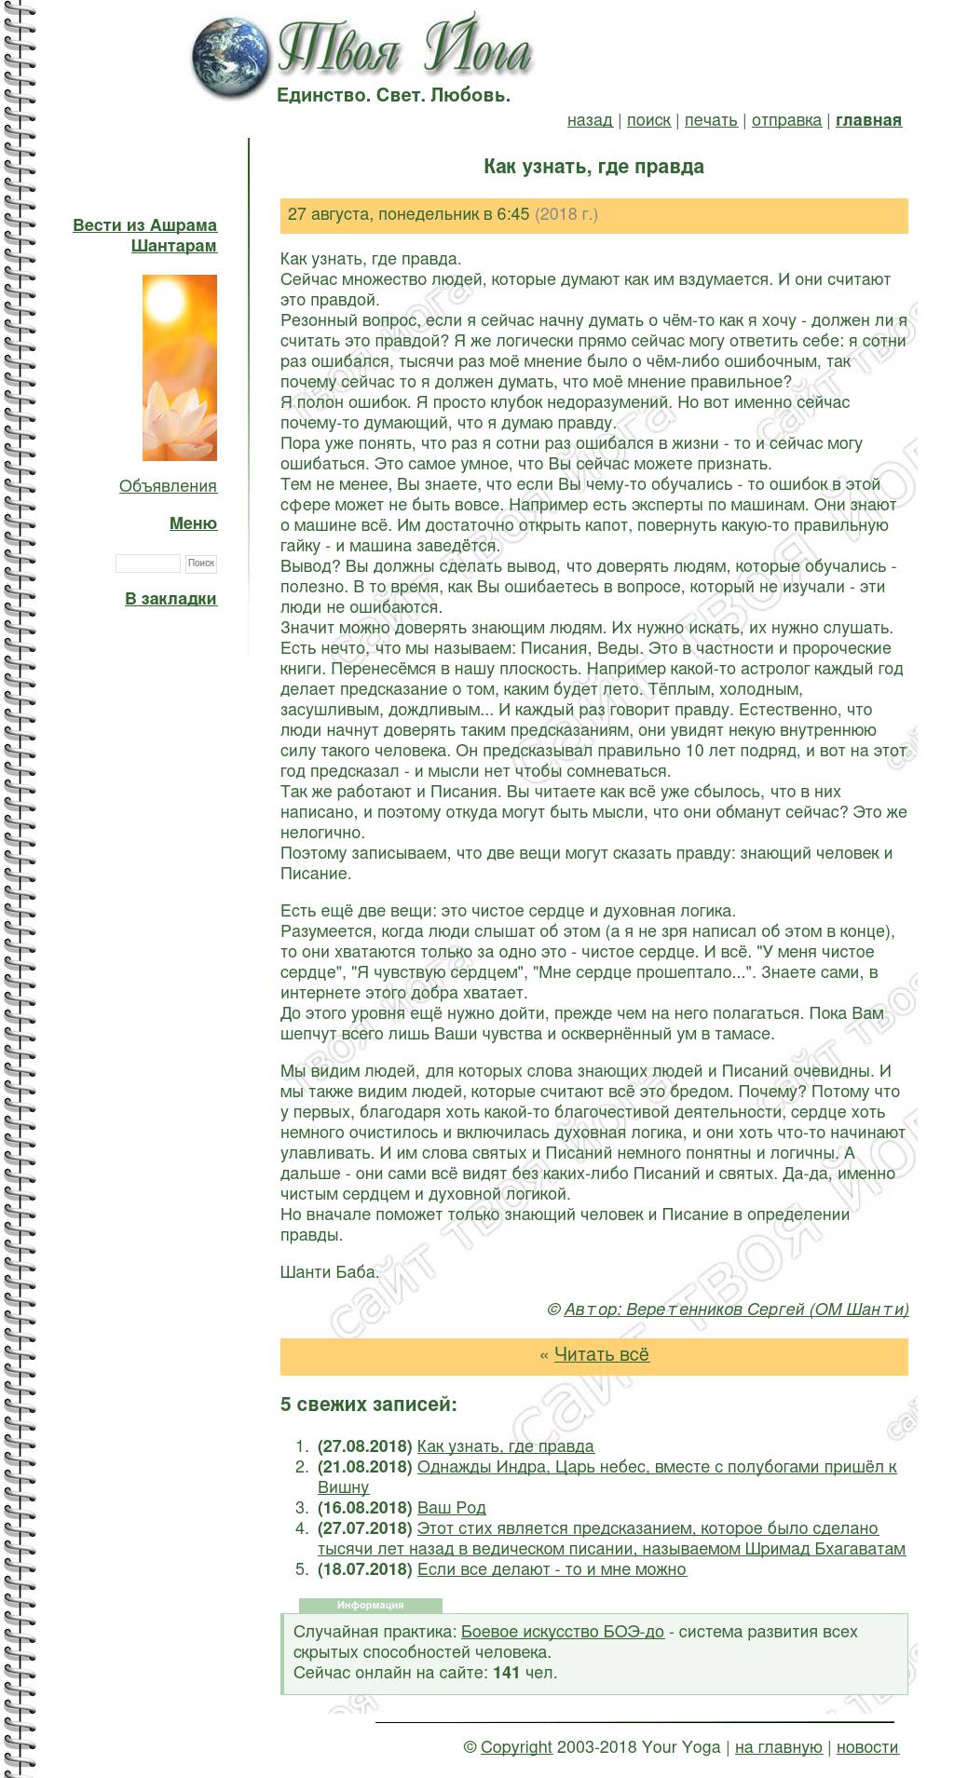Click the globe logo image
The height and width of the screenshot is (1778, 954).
click(x=230, y=58)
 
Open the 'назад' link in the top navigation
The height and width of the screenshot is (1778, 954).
click(x=590, y=120)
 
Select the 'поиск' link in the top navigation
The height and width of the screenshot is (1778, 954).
click(x=648, y=120)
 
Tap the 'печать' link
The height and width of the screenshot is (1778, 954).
click(x=711, y=120)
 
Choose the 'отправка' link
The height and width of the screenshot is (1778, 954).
click(x=786, y=120)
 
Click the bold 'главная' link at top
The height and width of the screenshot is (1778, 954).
click(x=868, y=120)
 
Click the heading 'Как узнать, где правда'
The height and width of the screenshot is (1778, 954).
click(x=593, y=167)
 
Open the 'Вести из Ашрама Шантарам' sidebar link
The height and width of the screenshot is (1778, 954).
click(x=145, y=235)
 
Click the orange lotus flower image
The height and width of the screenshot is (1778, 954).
click(x=180, y=367)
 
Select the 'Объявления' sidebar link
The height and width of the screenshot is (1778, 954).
click(x=168, y=486)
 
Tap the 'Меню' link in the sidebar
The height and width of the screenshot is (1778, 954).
click(x=193, y=523)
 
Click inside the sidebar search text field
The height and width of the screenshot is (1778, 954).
click(x=147, y=563)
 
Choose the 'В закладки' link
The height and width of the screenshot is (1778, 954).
click(x=170, y=599)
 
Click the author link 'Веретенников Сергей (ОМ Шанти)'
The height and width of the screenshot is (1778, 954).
click(x=736, y=1310)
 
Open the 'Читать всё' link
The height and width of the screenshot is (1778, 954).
click(x=601, y=1355)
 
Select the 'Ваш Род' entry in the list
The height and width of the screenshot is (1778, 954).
click(x=451, y=1508)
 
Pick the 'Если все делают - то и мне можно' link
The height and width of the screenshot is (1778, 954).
click(x=552, y=1569)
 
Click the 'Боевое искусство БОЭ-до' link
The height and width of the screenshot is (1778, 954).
click(x=563, y=1632)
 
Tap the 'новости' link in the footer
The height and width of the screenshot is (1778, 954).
click(x=867, y=1747)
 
